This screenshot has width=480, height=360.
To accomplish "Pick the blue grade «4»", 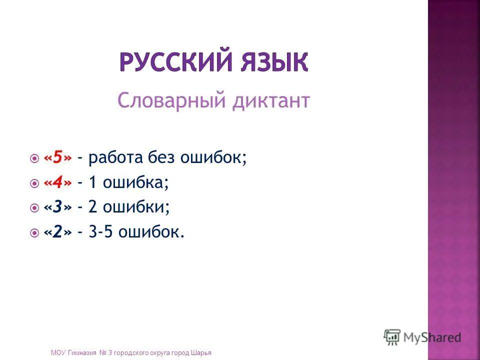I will click(x=57, y=183).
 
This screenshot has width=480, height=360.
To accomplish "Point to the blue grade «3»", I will click(x=57, y=207).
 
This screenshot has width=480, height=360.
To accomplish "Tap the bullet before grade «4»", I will click(x=34, y=184).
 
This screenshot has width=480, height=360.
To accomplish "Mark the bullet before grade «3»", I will click(x=34, y=208).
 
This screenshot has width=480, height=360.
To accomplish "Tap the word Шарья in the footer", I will click(x=201, y=353).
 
